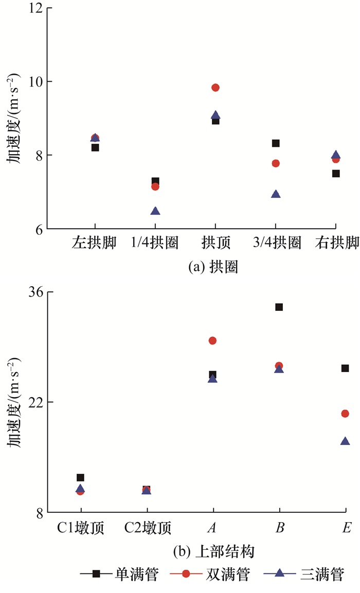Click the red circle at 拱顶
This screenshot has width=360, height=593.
pos(215,87)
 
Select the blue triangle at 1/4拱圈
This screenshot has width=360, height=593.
pos(155,211)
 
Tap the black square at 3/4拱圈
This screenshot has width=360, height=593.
pos(276,143)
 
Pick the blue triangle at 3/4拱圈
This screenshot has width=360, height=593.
pos(276,194)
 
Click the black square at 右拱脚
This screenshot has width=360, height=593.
pos(336,174)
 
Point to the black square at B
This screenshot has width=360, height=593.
pos(279,307)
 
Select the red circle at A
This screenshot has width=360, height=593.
pos(212,340)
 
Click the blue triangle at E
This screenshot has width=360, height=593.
pos(345,441)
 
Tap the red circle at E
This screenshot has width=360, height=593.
pos(345,414)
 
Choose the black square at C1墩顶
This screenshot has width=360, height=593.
pos(80,478)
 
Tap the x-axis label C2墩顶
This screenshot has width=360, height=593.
pos(148,528)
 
